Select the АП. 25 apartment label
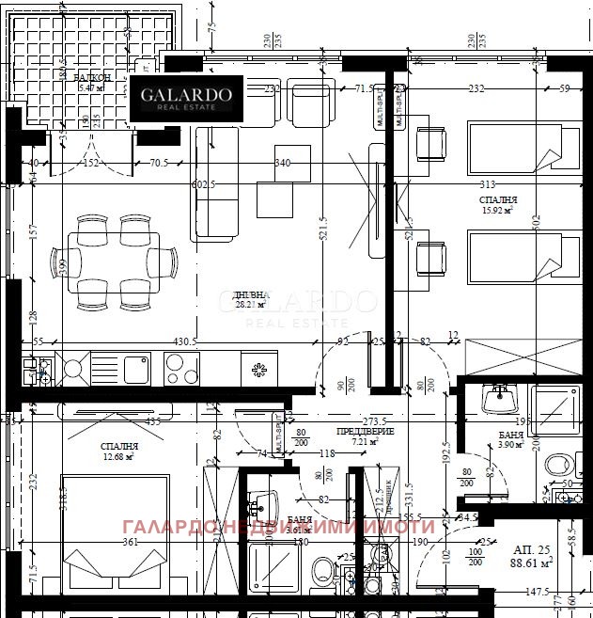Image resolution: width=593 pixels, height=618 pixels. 531,547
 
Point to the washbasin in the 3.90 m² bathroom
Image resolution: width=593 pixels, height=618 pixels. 497,399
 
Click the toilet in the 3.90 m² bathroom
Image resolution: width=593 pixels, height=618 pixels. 559,464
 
